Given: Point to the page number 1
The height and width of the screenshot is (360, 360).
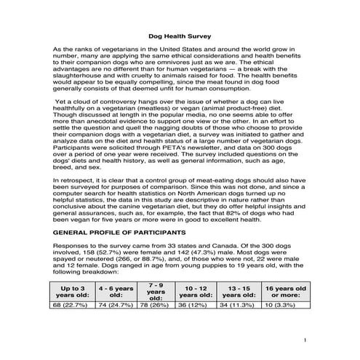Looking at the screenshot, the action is [x=307, y=340].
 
